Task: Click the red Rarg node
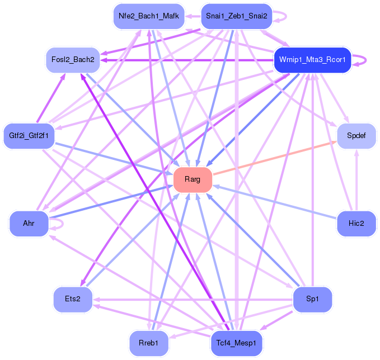[x=193, y=179]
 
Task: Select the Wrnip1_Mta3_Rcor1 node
[x=312, y=60]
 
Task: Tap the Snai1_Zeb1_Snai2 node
[x=237, y=16]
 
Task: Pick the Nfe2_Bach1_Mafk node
[x=149, y=16]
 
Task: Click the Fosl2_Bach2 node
[x=73, y=59]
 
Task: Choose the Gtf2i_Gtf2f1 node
[x=29, y=135]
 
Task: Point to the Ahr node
[x=29, y=224]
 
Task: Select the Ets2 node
[x=73, y=299]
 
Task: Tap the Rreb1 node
[x=149, y=343]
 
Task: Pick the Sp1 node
[x=312, y=299]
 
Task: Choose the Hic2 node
[x=356, y=224]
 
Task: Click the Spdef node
[x=356, y=136]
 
